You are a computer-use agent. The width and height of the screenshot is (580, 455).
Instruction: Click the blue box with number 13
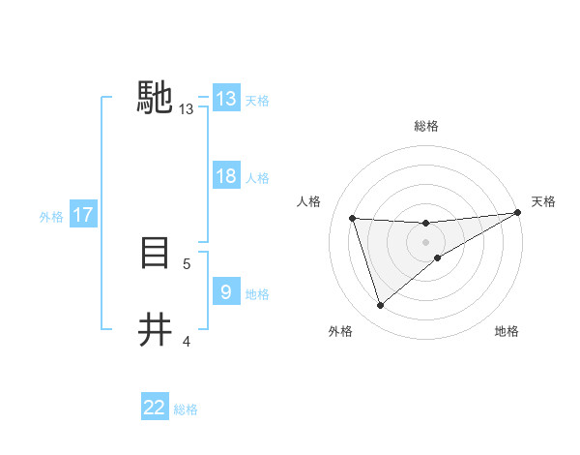click(226, 99)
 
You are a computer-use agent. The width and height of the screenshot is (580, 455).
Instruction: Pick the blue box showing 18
click(226, 177)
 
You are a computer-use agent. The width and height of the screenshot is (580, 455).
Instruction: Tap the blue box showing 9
click(226, 292)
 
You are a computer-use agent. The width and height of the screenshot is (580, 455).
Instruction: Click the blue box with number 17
click(83, 215)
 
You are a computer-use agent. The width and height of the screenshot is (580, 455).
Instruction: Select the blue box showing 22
click(155, 408)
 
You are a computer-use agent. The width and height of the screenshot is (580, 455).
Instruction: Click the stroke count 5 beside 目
click(187, 263)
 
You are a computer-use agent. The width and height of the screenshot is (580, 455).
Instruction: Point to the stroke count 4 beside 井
click(187, 341)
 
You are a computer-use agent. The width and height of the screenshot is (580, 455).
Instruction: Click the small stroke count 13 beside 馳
click(187, 109)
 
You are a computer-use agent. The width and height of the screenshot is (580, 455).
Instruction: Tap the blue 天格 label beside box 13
click(257, 100)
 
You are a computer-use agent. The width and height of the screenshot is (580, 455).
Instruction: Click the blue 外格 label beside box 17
click(51, 217)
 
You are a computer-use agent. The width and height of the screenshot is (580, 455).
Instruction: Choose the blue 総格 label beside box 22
click(186, 409)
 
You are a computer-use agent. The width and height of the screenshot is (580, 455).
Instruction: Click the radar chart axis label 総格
click(425, 126)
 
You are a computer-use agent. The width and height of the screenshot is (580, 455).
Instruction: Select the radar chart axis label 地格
click(507, 332)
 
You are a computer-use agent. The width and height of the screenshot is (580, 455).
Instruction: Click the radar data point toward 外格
click(380, 306)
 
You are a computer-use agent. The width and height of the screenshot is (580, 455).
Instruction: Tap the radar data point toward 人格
click(353, 218)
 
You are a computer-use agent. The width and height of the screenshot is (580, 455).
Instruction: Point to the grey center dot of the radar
click(425, 241)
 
